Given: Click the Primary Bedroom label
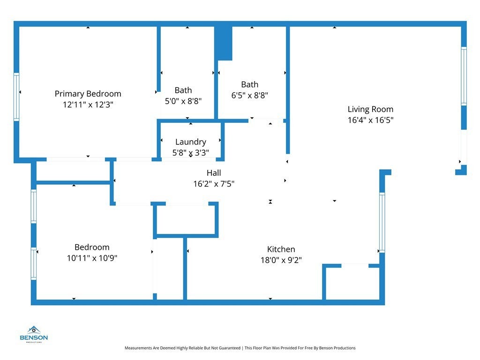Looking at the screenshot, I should click(88, 94).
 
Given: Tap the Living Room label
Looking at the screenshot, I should click(370, 109).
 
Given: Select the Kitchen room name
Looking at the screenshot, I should click(281, 249).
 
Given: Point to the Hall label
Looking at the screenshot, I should click(214, 173).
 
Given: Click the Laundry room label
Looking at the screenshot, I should click(190, 142).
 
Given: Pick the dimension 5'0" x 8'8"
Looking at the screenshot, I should click(183, 101).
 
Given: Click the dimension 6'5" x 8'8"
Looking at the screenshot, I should click(250, 95).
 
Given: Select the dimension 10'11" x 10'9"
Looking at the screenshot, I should click(92, 258).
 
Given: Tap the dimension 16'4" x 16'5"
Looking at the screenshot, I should click(370, 120).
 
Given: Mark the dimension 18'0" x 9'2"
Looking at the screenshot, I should click(281, 260).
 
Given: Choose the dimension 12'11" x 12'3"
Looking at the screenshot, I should click(88, 105).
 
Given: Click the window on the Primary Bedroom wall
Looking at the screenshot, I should click(17, 97).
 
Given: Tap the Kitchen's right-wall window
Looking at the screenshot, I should click(382, 223).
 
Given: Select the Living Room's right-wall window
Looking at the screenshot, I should click(464, 76).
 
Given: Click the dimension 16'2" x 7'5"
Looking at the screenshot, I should click(214, 184).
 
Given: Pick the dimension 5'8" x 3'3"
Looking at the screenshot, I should click(190, 152).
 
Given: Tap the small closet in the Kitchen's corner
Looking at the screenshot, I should click(352, 283).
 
